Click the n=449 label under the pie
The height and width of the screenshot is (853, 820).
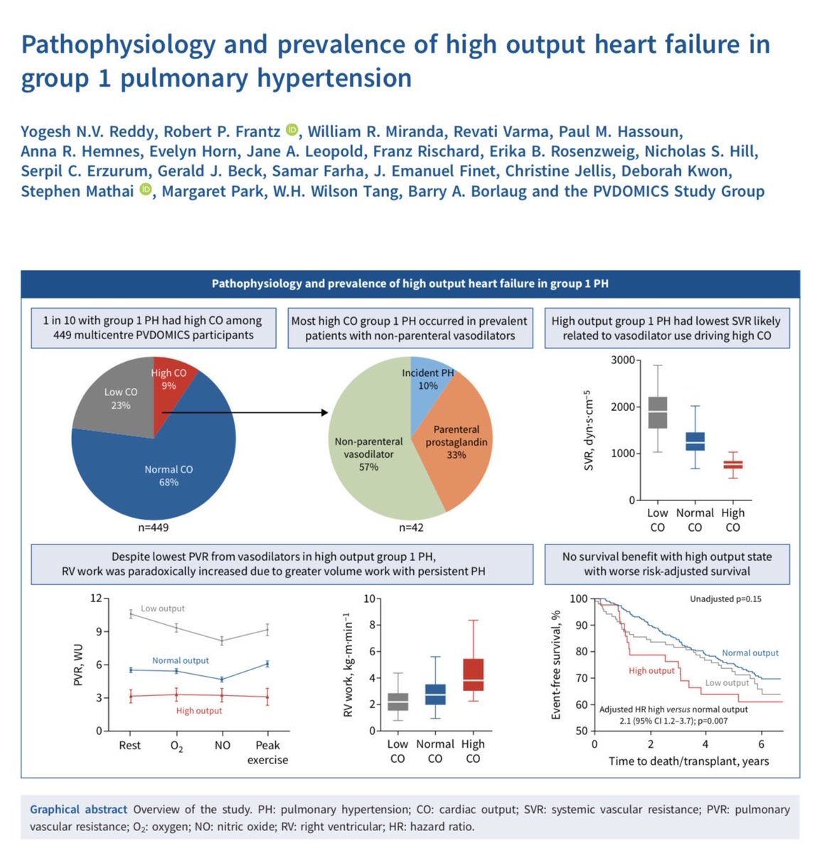[153, 527]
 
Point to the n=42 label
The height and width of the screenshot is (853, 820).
[411, 527]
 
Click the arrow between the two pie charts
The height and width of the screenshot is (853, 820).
[242, 412]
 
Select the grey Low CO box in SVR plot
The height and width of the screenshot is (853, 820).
[658, 412]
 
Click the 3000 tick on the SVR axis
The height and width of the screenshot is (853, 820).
[622, 360]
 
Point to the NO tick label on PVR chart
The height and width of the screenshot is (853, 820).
[223, 745]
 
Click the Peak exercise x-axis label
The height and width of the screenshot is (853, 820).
[267, 752]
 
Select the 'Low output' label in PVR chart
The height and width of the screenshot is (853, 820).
[162, 608]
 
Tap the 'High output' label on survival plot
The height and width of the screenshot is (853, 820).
[651, 670]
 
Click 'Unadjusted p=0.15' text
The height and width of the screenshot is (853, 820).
[725, 599]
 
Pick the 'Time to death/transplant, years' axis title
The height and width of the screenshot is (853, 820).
[688, 761]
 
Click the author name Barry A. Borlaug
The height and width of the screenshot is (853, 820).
[467, 191]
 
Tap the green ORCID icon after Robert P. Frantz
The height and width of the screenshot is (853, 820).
[292, 130]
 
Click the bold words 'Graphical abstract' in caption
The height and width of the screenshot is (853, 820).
[78, 810]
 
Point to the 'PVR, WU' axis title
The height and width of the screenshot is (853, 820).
[79, 665]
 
